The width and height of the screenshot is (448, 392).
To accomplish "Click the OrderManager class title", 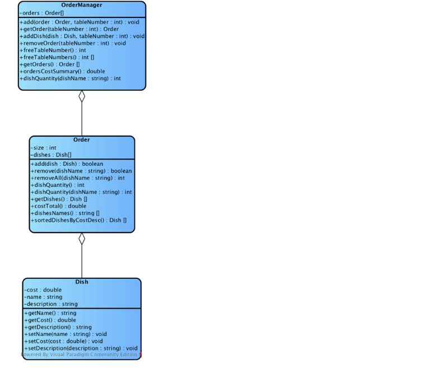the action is pos(82,5).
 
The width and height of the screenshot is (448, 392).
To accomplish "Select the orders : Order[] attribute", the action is pos(41,13).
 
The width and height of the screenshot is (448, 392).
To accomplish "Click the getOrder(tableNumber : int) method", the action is pos(69,29).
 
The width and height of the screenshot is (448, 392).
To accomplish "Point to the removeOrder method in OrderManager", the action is pos(73,44).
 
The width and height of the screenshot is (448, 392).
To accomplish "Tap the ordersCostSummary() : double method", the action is pos(62,72).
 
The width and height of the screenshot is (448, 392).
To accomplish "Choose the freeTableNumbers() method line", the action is pos(57,58).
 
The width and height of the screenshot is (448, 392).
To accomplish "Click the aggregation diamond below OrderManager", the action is pos(82,96).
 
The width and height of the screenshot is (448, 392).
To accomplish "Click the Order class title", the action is pos(82,139).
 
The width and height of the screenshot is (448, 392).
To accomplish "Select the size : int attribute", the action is pos(44,148).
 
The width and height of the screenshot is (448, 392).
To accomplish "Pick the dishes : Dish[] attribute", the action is pos(51,155).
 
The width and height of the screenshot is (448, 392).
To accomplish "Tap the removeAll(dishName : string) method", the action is pos(78,178).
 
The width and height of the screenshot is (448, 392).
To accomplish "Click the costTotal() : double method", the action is pos(59,206).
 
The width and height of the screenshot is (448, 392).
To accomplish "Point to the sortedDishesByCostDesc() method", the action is pos(78,220).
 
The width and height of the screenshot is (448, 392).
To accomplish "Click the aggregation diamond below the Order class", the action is pos(82,239).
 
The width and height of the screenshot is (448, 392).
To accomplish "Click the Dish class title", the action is pos(82,282).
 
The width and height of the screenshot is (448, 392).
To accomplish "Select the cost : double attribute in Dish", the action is pos(43,290).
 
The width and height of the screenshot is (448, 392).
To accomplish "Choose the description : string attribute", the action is pos(51,304).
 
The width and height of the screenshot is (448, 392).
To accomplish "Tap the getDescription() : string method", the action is pos(58,327).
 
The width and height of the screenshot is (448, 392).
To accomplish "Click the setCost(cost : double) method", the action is pos(63,342).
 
